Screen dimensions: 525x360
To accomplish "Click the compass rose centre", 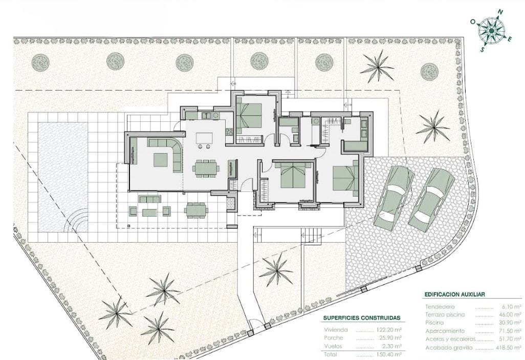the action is tap(491, 31).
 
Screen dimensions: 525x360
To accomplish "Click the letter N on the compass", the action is tap(500, 12).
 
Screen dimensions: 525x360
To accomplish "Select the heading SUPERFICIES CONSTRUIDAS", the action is tap(362, 318).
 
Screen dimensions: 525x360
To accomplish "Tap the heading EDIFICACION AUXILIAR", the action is tap(454, 294).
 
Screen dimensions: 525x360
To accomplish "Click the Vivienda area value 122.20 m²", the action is tap(390, 330).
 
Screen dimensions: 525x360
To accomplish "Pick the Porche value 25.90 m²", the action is tap(391, 338).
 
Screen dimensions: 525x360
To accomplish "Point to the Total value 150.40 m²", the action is tap(390, 354).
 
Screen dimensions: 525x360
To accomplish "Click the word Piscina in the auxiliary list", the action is tap(434, 323).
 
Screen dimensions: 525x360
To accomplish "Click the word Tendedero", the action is tap(440, 306).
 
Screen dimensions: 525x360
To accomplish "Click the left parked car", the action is tap(394, 198).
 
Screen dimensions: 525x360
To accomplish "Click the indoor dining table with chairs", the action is tap(206, 168).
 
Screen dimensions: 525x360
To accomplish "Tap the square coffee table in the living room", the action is tap(161, 160).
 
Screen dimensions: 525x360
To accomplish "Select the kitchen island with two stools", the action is tap(204, 140).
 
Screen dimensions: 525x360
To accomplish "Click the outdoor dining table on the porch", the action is tap(196, 210).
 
